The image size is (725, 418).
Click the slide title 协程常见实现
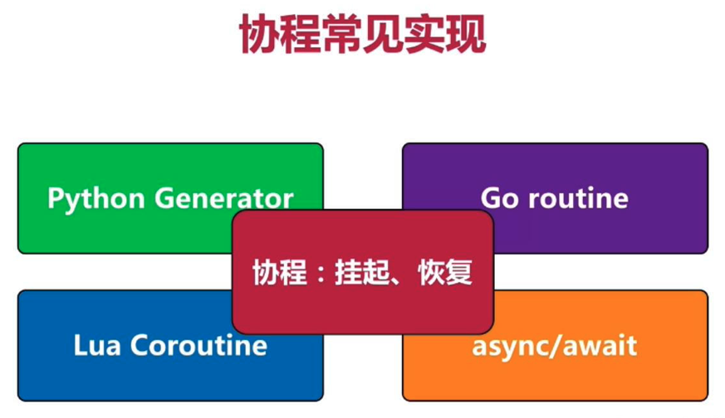362,34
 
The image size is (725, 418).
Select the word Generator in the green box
223,198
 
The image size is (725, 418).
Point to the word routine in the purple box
579,197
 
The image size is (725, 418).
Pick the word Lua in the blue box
97,346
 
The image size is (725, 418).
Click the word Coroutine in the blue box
198,345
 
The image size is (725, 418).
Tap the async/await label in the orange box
555,347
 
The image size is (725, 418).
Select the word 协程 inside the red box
279,272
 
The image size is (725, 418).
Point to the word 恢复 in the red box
445,272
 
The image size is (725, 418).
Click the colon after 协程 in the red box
321,274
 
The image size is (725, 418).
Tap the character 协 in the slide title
259,34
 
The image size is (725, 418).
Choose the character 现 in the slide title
466,34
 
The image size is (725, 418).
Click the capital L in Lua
81,346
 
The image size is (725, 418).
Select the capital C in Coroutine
140,346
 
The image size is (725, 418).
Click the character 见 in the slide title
383,34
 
